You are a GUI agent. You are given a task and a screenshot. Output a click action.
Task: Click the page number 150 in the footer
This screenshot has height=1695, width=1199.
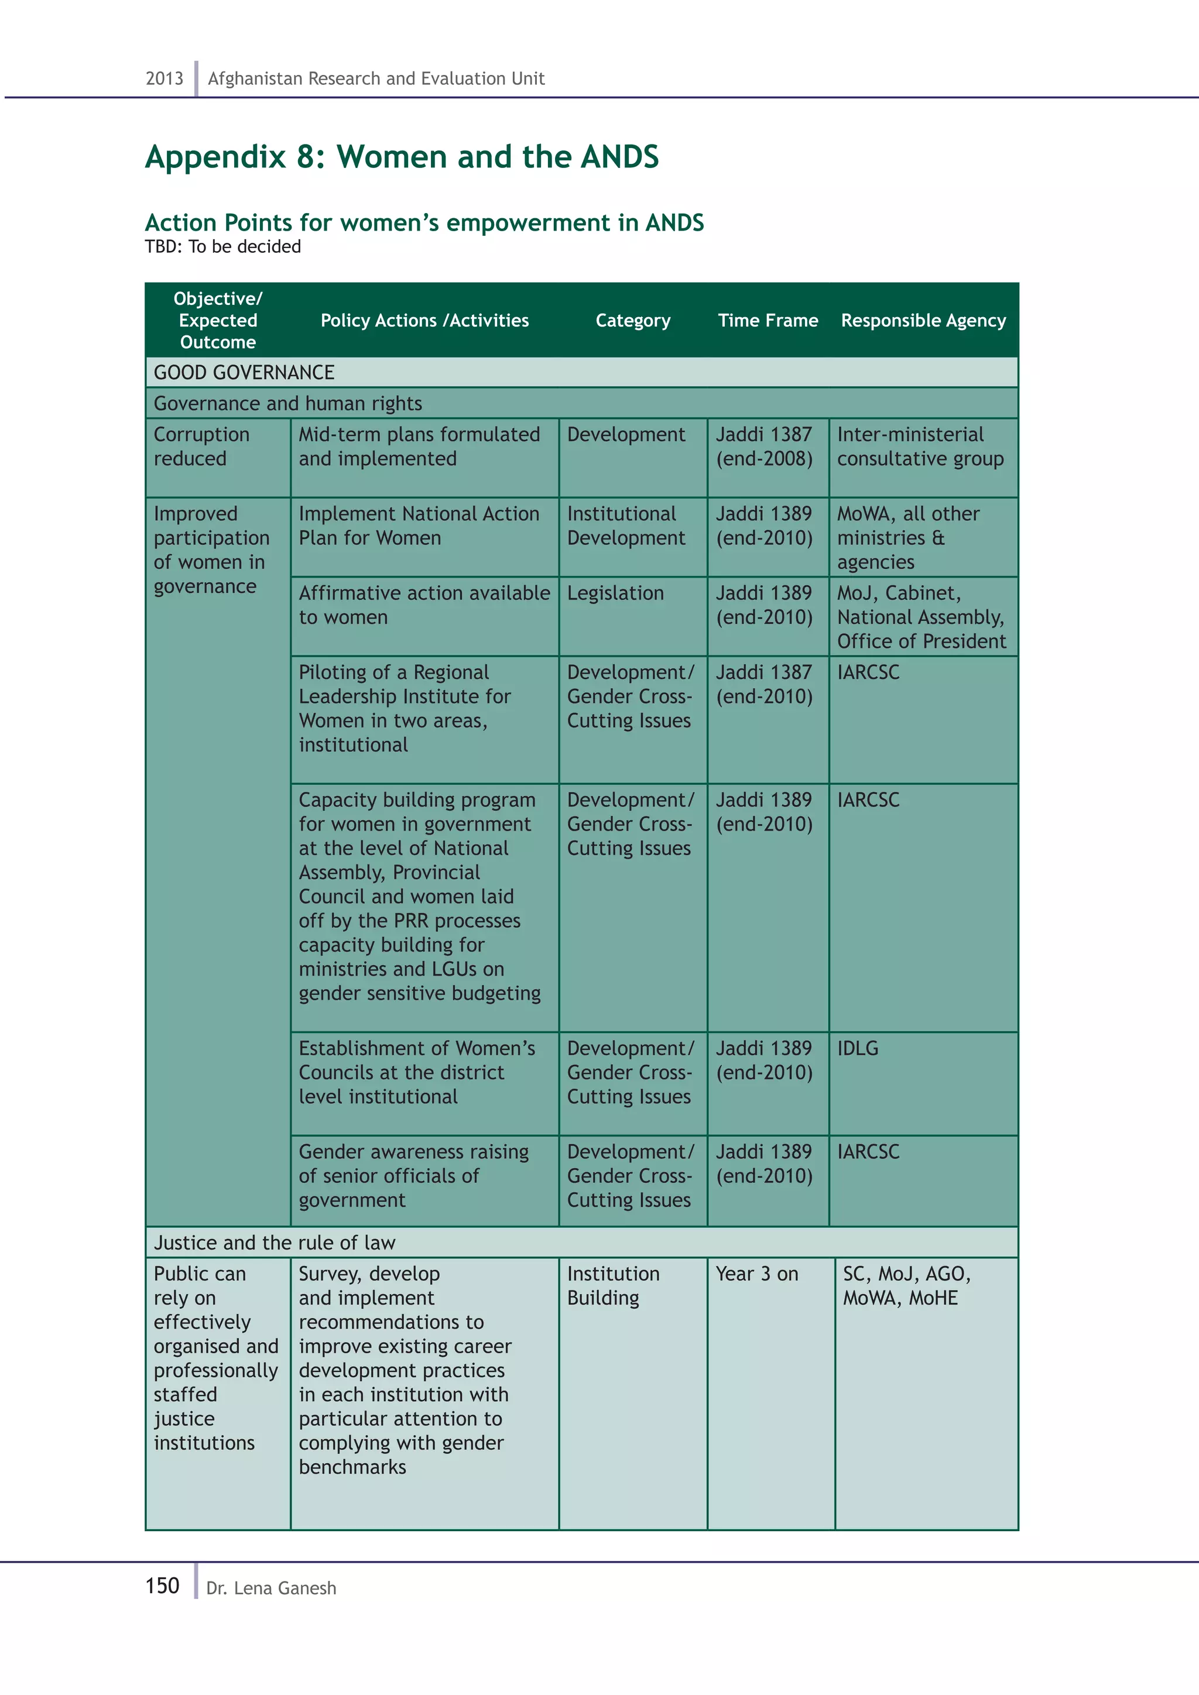pos(162,1586)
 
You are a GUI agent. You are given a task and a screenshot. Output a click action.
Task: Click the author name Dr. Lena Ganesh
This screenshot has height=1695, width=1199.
pos(271,1588)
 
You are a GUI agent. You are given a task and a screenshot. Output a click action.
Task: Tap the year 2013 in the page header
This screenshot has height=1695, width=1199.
pos(164,78)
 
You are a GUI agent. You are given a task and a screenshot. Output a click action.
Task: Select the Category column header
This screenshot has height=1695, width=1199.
pos(633,320)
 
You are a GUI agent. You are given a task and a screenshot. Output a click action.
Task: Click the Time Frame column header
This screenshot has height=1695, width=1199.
pos(768,320)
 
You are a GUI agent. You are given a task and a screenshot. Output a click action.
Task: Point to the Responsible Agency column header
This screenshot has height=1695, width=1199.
pos(923,320)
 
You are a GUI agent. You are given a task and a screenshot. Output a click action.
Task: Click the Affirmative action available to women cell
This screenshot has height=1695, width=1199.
pos(424,605)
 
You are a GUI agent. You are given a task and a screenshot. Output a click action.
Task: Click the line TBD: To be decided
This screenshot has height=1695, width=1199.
pos(223,246)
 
